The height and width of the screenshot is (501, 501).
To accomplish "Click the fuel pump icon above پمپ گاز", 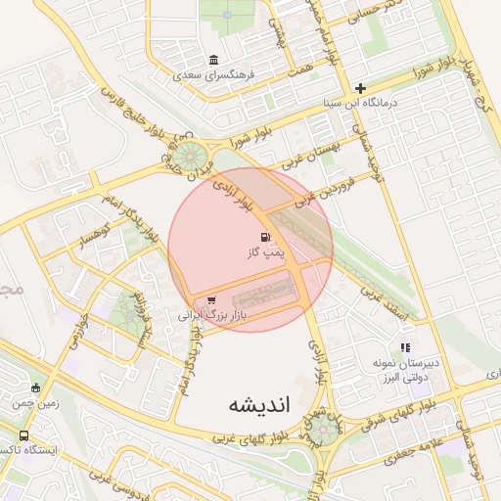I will (x=264, y=238).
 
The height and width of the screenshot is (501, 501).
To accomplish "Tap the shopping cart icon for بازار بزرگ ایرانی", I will (x=211, y=300).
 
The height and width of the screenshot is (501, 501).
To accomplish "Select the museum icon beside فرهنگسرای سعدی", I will (x=214, y=59).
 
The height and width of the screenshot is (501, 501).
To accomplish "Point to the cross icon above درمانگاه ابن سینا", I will (x=360, y=88).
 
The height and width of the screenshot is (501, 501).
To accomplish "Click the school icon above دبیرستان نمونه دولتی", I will (x=405, y=347).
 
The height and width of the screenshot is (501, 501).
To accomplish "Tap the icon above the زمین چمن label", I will (x=36, y=387).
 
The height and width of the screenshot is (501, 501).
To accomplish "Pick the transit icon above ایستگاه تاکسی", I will (x=23, y=436).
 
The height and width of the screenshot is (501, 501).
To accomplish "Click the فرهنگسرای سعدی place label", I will (x=214, y=74).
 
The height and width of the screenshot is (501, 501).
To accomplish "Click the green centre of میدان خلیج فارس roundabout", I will (x=192, y=155).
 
